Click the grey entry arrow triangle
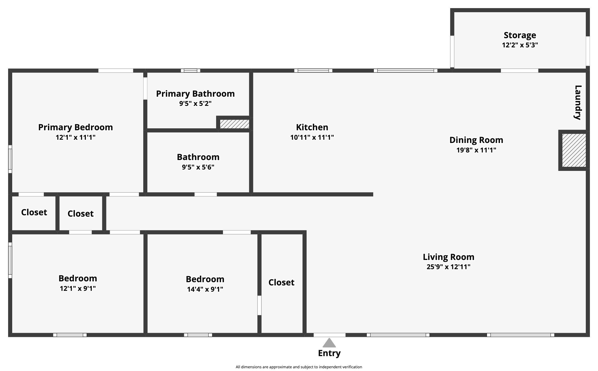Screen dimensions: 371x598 (329, 343)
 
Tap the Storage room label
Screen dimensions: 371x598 (520, 35)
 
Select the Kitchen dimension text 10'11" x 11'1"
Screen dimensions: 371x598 (312, 137)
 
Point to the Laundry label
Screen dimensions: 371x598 (578, 102)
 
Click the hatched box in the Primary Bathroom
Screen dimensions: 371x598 (234, 124)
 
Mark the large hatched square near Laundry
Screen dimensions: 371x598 (574, 150)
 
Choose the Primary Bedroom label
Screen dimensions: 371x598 (75, 127)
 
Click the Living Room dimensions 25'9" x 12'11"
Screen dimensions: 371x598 (448, 267)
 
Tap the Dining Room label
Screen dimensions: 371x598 (476, 140)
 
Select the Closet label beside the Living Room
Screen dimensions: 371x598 (281, 282)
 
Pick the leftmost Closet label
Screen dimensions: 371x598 (34, 212)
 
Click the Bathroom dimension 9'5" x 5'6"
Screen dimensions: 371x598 (198, 167)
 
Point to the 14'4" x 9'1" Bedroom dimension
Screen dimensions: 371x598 (205, 289)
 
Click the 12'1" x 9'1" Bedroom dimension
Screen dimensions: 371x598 (78, 288)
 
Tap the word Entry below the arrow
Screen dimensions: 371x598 (329, 353)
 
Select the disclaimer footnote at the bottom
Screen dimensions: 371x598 (299, 367)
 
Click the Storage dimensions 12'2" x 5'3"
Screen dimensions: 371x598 (520, 45)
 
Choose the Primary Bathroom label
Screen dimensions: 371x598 (195, 94)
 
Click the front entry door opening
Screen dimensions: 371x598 (329, 335)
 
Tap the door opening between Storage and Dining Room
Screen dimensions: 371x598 (519, 71)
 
